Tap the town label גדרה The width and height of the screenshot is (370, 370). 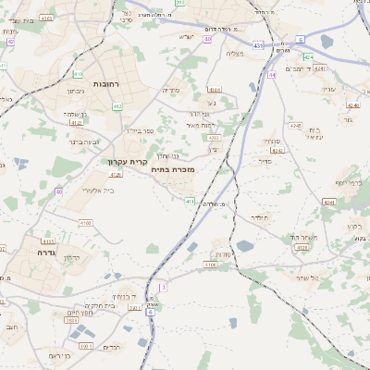point(47,252)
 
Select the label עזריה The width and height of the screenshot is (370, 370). point(328,90)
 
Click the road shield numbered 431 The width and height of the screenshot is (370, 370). point(256,44)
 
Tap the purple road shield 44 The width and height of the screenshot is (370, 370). point(272,75)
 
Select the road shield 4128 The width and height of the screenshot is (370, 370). point(300,248)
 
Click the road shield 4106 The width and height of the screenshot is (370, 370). point(211,265)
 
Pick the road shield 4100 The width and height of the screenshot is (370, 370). point(85,222)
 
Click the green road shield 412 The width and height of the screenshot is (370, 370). point(78,74)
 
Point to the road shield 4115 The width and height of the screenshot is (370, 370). point(47,240)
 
